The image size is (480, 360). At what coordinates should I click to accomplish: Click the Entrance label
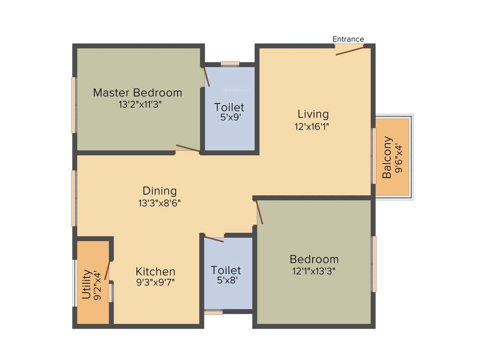pyautogui.click(x=348, y=39)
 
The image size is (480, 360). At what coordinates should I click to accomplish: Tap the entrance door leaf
pyautogui.click(x=350, y=51)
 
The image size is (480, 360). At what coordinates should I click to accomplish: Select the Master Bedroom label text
pyautogui.click(x=137, y=92)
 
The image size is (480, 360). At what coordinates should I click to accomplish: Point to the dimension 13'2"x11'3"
pyautogui.click(x=137, y=104)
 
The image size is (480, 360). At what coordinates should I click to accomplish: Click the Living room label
pyautogui.click(x=313, y=114)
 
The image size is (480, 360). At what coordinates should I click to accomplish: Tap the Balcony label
pyautogui.click(x=387, y=157)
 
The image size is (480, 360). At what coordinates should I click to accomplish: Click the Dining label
pyautogui.click(x=160, y=191)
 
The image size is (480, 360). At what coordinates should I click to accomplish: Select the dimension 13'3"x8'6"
pyautogui.click(x=160, y=203)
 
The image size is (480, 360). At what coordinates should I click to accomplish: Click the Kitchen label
pyautogui.click(x=156, y=271)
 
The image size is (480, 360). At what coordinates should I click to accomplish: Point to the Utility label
pyautogui.click(x=87, y=284)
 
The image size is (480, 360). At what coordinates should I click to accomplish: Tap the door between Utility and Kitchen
pyautogui.click(x=107, y=270)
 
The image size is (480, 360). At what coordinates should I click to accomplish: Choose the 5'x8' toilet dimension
pyautogui.click(x=226, y=281)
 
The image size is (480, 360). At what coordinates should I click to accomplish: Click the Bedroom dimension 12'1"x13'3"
pyautogui.click(x=314, y=270)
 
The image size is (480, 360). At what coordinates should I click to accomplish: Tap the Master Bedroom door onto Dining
pyautogui.click(x=188, y=149)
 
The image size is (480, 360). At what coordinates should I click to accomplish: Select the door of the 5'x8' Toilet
pyautogui.click(x=214, y=238)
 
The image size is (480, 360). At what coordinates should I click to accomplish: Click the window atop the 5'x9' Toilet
pyautogui.click(x=230, y=63)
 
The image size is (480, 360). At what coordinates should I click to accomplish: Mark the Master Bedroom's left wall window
pyautogui.click(x=74, y=105)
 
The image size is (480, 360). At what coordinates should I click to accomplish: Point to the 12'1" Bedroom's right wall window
pyautogui.click(x=374, y=264)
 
